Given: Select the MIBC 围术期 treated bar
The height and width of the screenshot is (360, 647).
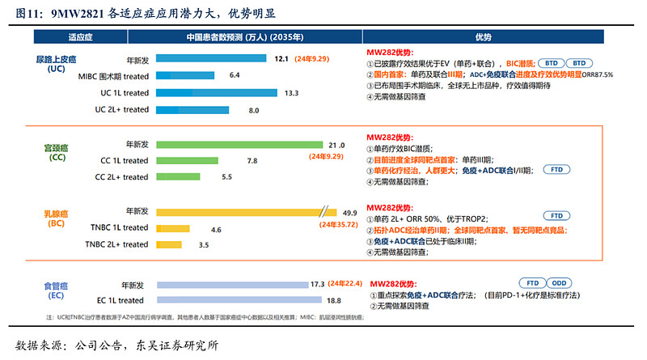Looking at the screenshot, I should pyautogui.click(x=185, y=75).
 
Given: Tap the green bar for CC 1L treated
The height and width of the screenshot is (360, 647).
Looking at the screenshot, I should pyautogui.click(x=197, y=161).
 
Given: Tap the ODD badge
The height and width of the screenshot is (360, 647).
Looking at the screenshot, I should pyautogui.click(x=558, y=283).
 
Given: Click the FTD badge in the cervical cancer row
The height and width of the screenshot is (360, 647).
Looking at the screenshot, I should pyautogui.click(x=556, y=170).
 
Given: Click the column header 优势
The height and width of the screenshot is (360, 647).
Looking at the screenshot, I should pyautogui.click(x=483, y=37).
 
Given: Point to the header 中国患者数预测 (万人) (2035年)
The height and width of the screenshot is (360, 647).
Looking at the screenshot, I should pyautogui.click(x=245, y=37).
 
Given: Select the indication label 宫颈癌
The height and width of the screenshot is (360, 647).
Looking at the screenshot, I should pyautogui.click(x=56, y=148).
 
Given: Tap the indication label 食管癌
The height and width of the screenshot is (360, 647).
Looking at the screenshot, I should pyautogui.click(x=56, y=286).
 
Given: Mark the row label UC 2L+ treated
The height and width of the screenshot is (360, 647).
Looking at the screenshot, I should pyautogui.click(x=122, y=109).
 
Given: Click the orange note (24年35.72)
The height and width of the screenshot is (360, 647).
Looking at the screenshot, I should pyautogui.click(x=339, y=224).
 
